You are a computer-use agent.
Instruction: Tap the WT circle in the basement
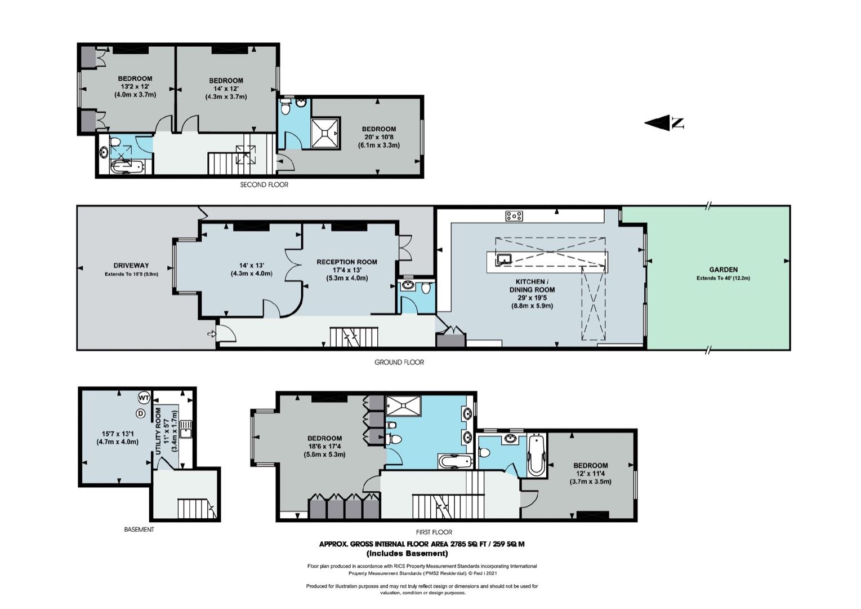144,398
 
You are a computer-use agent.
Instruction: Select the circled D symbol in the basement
141,413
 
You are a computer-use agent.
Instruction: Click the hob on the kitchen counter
514,216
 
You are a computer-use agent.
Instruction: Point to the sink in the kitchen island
503,259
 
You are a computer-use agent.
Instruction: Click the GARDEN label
724,270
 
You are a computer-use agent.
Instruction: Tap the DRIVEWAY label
131,265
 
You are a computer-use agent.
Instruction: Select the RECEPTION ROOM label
347,262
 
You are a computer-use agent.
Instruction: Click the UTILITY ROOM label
158,431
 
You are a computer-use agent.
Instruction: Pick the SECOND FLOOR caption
264,185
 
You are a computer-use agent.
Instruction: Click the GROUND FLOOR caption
399,362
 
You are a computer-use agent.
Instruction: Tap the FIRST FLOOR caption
434,532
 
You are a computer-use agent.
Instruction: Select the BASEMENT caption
139,529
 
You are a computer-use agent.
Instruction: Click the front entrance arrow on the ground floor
211,334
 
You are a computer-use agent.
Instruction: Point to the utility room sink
186,430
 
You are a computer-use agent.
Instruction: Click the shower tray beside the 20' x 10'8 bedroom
325,133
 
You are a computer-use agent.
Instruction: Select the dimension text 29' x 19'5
532,298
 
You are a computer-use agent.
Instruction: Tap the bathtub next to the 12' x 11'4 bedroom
537,455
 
